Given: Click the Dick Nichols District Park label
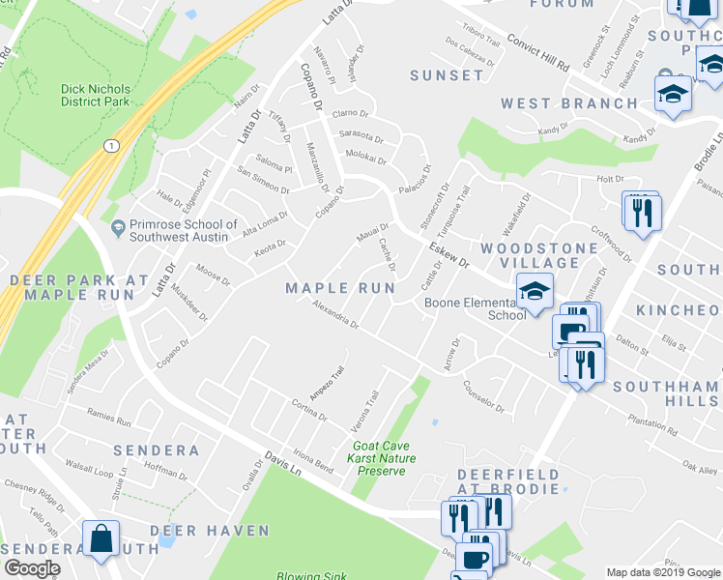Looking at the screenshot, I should point(95,95).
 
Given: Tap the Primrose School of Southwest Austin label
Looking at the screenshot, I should point(183,231).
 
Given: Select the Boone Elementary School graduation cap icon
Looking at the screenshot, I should point(533,290).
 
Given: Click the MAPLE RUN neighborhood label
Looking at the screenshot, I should point(340,288).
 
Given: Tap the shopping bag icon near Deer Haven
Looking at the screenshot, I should point(101,537).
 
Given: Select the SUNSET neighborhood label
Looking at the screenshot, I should point(446,74).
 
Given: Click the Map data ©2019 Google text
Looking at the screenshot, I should point(662,572).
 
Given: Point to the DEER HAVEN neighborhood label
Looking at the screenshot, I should point(209,531).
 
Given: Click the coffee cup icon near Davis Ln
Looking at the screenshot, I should point(475,558).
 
